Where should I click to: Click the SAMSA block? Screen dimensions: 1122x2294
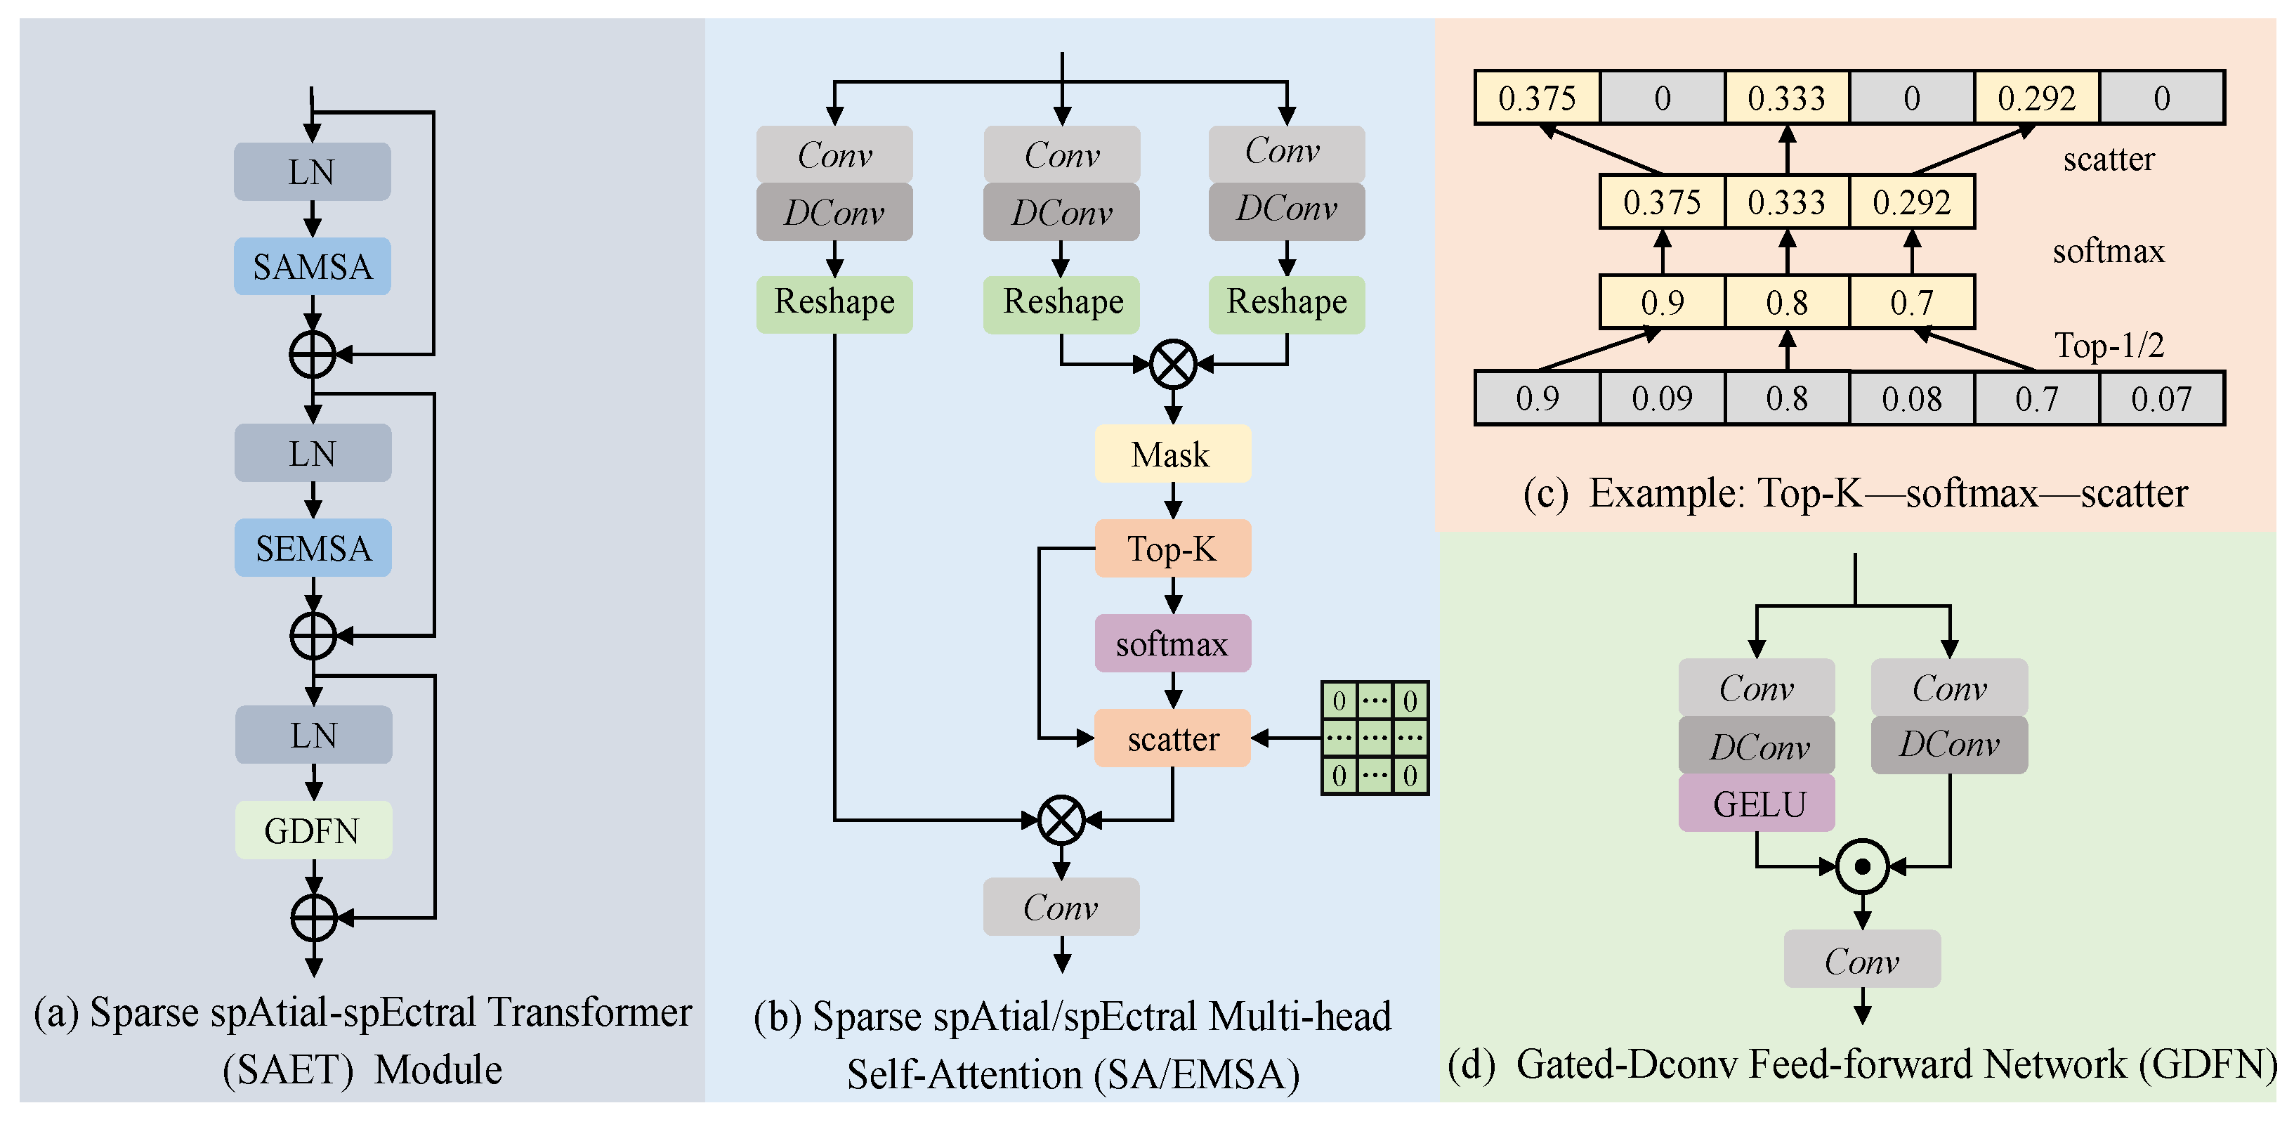pos(312,266)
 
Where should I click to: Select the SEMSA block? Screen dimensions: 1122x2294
pos(313,547)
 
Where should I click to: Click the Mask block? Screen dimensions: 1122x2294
pos(1172,454)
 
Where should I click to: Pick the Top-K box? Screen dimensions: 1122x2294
pos(1172,549)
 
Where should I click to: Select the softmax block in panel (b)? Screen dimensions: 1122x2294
pos(1172,643)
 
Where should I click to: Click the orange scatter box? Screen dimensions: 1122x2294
pos(1172,738)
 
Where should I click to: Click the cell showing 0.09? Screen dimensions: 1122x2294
pos(1662,399)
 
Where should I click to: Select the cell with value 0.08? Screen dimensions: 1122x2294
pos(1911,399)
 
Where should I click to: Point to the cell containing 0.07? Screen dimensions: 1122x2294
pos(2161,399)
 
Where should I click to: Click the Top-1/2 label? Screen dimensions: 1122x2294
pos(2109,346)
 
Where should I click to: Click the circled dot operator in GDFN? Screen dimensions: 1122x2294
pos(1862,866)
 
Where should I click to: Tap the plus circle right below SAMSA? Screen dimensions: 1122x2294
pos(312,354)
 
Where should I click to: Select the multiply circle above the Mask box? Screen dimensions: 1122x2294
pos(1173,363)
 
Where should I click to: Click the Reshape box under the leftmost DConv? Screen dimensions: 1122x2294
pos(834,303)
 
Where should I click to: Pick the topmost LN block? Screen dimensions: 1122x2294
pos(312,172)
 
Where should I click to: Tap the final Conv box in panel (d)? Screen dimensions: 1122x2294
pos(1861,959)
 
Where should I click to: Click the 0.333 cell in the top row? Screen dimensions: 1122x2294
pos(1786,98)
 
